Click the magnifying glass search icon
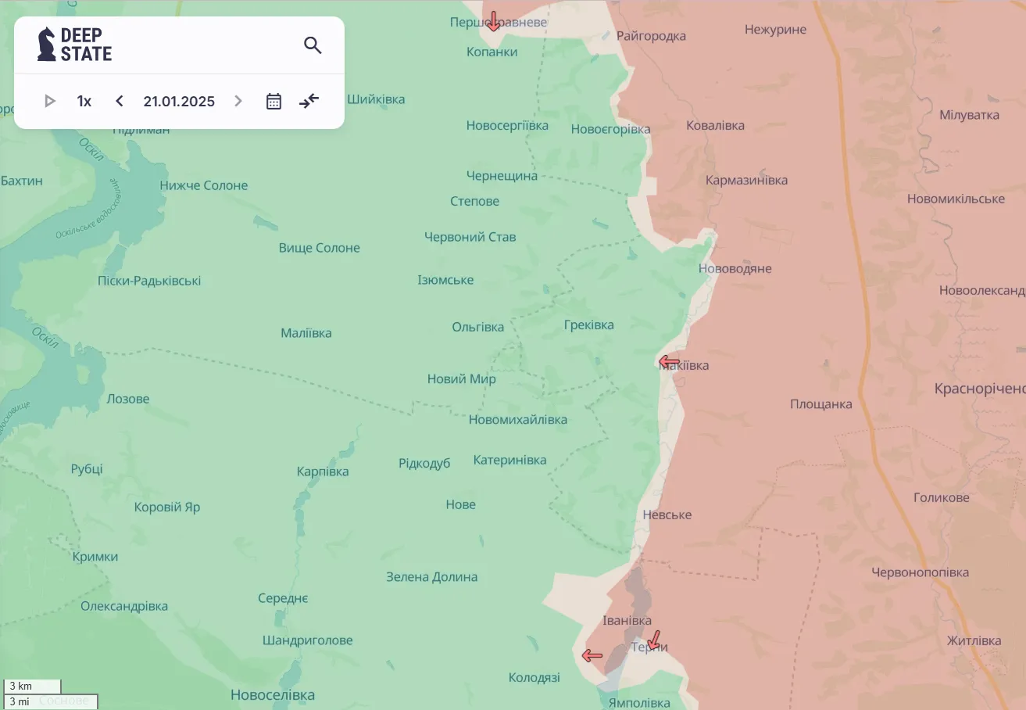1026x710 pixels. pyautogui.click(x=313, y=45)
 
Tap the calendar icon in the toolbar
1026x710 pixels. pyautogui.click(x=273, y=101)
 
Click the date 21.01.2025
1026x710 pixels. pyautogui.click(x=179, y=101)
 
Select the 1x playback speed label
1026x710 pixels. pyautogui.click(x=84, y=101)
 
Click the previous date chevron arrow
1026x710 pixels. pyautogui.click(x=120, y=101)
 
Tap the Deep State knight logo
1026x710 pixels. pyautogui.click(x=47, y=45)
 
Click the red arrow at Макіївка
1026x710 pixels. pyautogui.click(x=669, y=361)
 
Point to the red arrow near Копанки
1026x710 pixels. pyautogui.click(x=493, y=21)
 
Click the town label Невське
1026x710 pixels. pyautogui.click(x=667, y=515)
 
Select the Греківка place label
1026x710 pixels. pyautogui.click(x=588, y=325)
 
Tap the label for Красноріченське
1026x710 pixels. pyautogui.click(x=979, y=389)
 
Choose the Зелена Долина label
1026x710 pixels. pyautogui.click(x=431, y=577)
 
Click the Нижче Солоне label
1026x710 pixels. pyautogui.click(x=203, y=185)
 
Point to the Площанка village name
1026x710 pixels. pyautogui.click(x=820, y=404)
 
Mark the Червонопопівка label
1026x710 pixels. pyautogui.click(x=920, y=572)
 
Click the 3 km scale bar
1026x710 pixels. pyautogui.click(x=32, y=687)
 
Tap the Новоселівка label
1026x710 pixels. pyautogui.click(x=272, y=694)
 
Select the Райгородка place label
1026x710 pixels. pyautogui.click(x=651, y=36)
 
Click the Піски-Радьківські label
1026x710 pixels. pyautogui.click(x=149, y=281)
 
